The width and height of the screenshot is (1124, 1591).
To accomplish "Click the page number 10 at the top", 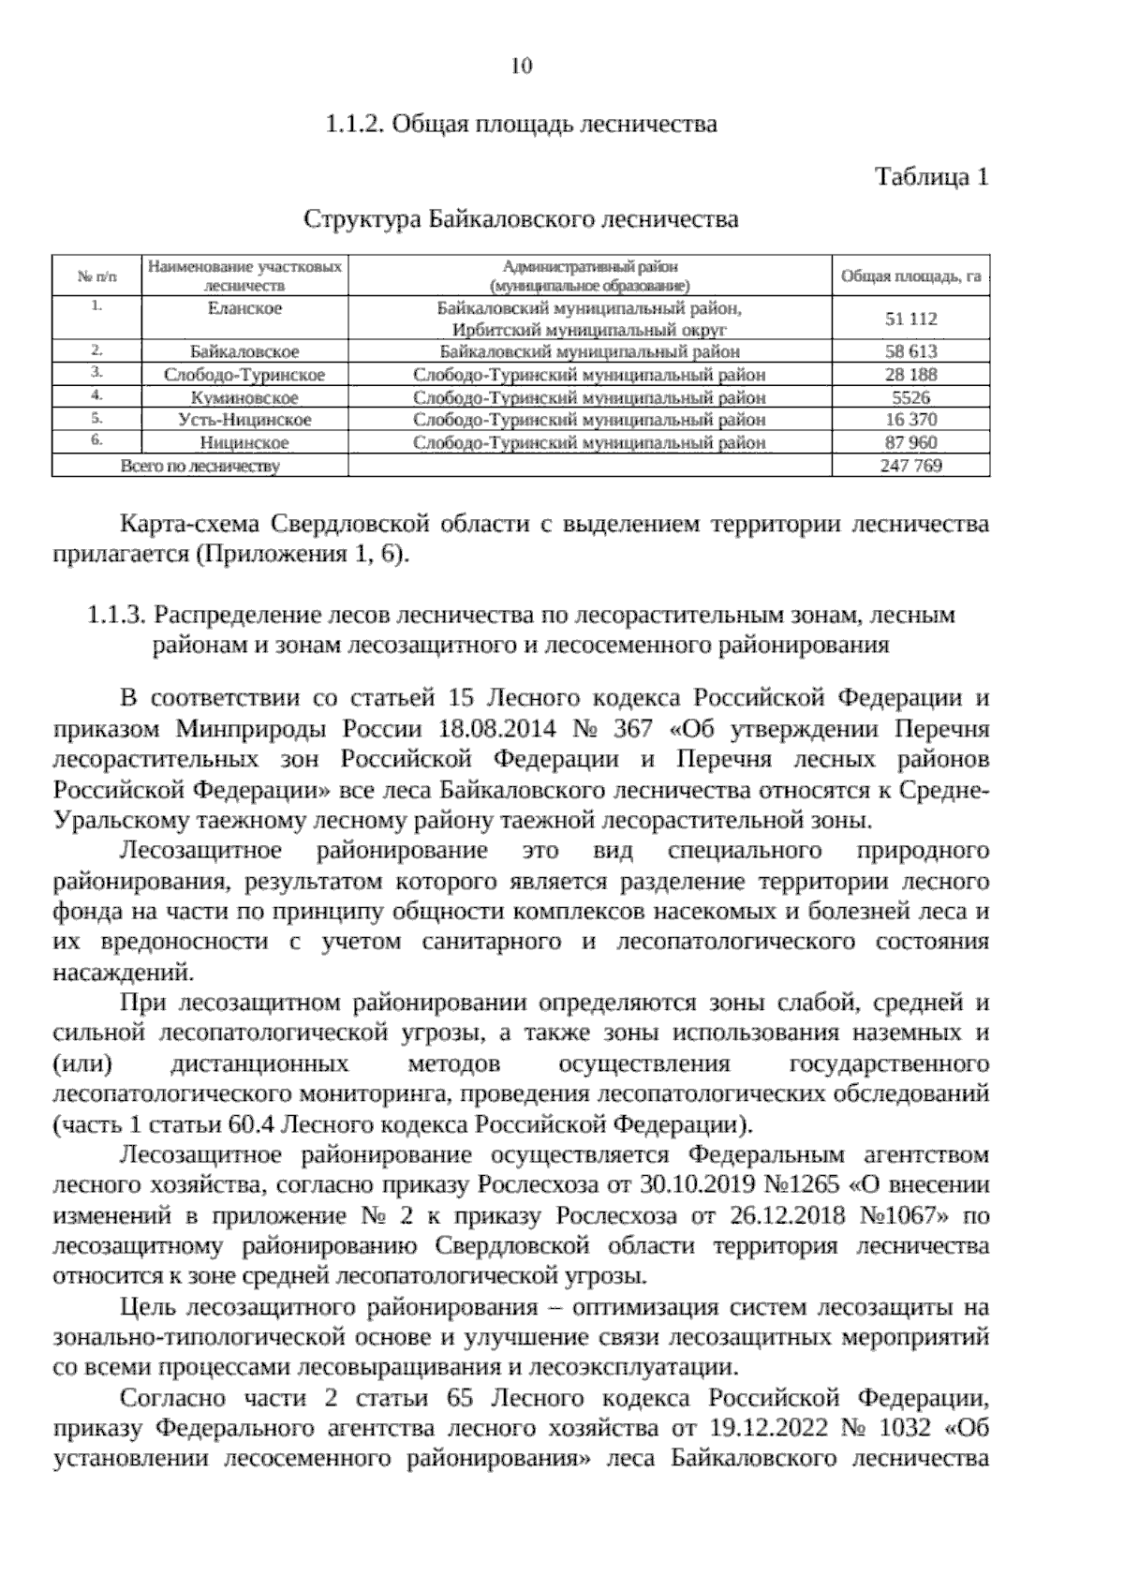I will tap(522, 66).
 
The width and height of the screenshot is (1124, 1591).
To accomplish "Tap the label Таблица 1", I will tap(931, 176).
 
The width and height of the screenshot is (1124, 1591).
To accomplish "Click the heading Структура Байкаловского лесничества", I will tap(521, 220).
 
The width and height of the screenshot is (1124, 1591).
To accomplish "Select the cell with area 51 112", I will tap(910, 319).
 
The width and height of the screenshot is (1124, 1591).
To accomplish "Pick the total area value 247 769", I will tap(910, 466).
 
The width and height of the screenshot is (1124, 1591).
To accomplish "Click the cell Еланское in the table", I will tap(244, 308).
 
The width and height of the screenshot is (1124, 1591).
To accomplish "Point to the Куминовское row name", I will tap(244, 397).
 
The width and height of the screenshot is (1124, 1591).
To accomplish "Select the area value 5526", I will tap(910, 397).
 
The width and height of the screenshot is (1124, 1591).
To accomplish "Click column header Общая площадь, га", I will tap(910, 276).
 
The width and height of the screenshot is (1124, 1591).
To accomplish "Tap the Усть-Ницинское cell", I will tap(244, 420).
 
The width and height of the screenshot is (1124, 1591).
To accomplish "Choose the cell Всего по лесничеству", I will tap(200, 466).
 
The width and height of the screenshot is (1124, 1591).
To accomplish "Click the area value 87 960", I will tap(910, 442).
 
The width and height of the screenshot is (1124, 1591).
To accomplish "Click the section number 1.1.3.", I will tap(115, 616).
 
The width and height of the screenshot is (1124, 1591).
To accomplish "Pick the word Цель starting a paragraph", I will tap(150, 1307).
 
